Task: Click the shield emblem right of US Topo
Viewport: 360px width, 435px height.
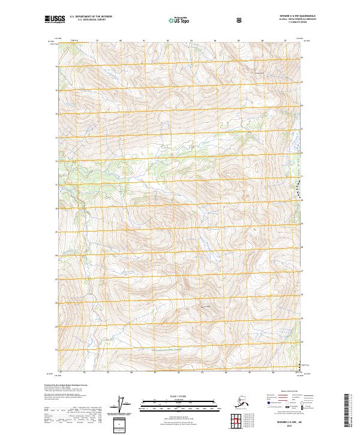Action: click(x=240, y=20)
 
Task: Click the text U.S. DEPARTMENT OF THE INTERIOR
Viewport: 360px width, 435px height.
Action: click(x=91, y=17)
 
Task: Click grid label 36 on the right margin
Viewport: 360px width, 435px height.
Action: click(x=302, y=58)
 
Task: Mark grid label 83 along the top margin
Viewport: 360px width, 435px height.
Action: click(x=191, y=40)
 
